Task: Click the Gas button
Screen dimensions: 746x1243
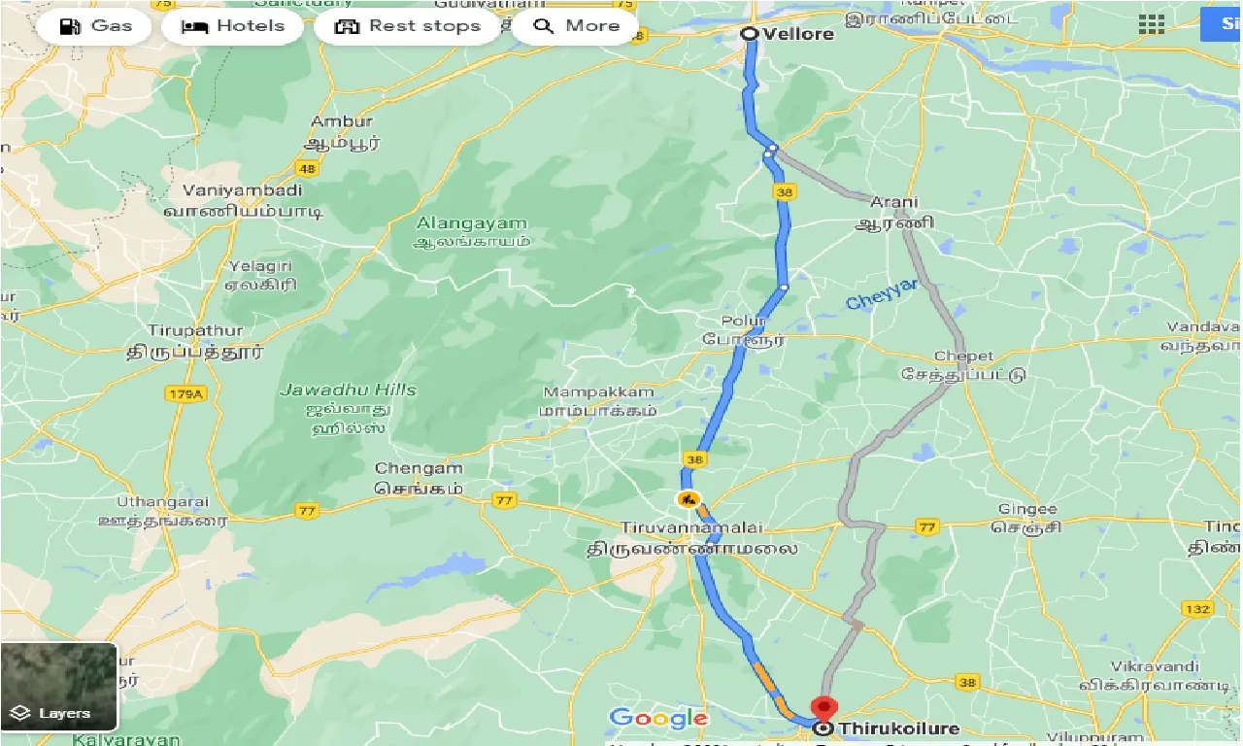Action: tap(94, 26)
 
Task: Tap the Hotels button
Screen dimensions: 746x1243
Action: tap(233, 26)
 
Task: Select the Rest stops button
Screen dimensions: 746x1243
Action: tap(408, 26)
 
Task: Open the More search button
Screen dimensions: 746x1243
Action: tap(575, 26)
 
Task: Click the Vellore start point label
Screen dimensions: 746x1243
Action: tap(797, 34)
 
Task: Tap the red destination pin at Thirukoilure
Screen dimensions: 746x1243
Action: tap(823, 707)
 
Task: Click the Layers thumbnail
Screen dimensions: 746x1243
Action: tap(58, 686)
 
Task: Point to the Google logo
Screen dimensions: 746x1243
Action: tap(658, 719)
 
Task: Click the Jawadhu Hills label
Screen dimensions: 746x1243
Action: tap(348, 390)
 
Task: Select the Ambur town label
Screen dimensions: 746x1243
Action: tap(341, 122)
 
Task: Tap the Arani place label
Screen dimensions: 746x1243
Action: tap(893, 203)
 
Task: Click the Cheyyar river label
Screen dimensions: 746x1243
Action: tap(881, 295)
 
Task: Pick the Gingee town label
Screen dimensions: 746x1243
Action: tap(1027, 509)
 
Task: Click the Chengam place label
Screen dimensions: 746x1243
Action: tap(417, 468)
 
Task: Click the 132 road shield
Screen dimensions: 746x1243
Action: tap(1197, 609)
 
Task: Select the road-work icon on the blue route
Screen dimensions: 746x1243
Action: tap(688, 499)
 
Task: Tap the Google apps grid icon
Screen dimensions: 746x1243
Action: tap(1152, 25)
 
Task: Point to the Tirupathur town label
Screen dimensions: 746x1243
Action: tap(195, 330)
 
